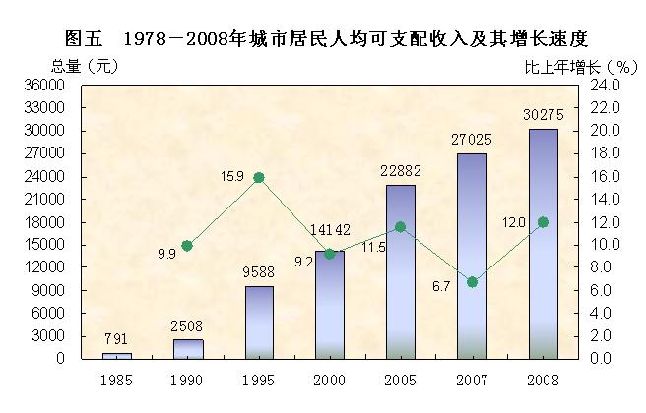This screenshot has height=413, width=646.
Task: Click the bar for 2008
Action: pyautogui.click(x=543, y=244)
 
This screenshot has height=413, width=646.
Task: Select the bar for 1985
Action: pyautogui.click(x=117, y=355)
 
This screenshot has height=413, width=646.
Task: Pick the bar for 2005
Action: pyautogui.click(x=400, y=271)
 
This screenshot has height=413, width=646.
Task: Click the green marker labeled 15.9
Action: pyautogui.click(x=259, y=178)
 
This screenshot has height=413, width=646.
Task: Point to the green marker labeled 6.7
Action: pyautogui.click(x=472, y=282)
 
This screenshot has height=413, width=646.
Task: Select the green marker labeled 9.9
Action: pyautogui.click(x=187, y=246)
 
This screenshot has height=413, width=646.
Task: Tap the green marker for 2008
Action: pyautogui.click(x=543, y=222)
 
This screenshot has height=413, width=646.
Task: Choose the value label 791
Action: pyautogui.click(x=117, y=340)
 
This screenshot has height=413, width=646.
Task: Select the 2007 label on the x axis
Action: pyautogui.click(x=472, y=379)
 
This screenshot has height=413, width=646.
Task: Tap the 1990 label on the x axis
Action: pyautogui.click(x=187, y=379)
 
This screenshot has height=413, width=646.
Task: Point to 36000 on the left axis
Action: pyautogui.click(x=46, y=86)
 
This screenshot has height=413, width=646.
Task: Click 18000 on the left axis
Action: pyautogui.click(x=46, y=222)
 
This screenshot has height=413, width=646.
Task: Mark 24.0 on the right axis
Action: pyautogui.click(x=601, y=86)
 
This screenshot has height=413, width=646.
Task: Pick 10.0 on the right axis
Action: pyautogui.click(x=601, y=245)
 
